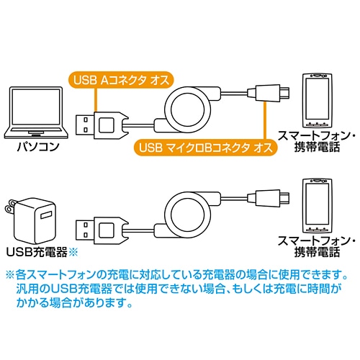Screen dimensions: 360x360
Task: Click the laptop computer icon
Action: [x=36, y=113]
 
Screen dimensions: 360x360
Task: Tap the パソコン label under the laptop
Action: [x=38, y=146]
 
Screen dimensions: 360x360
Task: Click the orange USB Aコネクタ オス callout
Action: [x=121, y=80]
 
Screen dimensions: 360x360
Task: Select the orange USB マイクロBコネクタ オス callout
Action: [x=205, y=147]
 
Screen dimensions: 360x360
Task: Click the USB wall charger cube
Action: [x=35, y=221]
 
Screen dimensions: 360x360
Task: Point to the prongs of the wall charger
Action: [x=9, y=205]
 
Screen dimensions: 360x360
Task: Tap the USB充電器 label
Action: [x=37, y=252]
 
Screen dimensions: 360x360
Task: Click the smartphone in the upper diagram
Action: [x=318, y=101]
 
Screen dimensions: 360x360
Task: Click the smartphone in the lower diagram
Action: [x=318, y=206]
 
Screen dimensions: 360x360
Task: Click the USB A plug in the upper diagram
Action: [x=102, y=125]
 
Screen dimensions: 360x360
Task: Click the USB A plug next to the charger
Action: [x=102, y=230]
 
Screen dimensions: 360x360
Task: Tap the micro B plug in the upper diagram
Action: [x=269, y=93]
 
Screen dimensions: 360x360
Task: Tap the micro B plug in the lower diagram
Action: [x=269, y=198]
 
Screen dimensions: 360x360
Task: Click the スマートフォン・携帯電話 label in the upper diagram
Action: [x=317, y=141]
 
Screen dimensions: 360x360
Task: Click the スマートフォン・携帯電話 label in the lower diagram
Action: [x=317, y=246]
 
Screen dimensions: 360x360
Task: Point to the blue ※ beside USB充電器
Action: [x=73, y=252]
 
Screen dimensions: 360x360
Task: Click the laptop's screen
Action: [x=36, y=107]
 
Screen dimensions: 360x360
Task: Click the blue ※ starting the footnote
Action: [x=10, y=275]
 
